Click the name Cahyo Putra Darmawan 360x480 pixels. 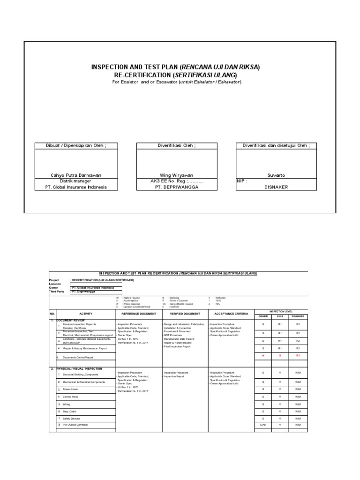click(x=76, y=175)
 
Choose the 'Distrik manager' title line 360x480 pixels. click(x=76, y=181)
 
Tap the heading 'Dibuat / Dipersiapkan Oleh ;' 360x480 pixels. click(x=76, y=146)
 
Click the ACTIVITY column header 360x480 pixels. click(x=86, y=313)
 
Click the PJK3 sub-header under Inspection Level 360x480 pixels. click(x=280, y=316)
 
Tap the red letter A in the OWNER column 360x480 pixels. click(x=263, y=356)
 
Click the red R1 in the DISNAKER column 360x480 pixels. click(x=297, y=356)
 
